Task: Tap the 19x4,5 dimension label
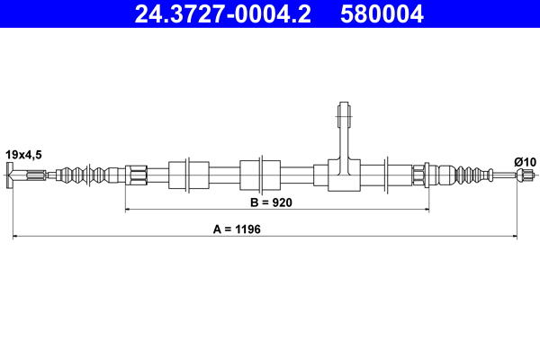(x=24, y=155)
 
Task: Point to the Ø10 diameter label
(x=525, y=161)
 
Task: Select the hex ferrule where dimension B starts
(x=136, y=173)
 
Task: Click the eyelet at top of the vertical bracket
(x=342, y=114)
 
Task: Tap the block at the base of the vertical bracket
(x=342, y=175)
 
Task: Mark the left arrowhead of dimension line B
(x=128, y=209)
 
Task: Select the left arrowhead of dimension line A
(x=16, y=237)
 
